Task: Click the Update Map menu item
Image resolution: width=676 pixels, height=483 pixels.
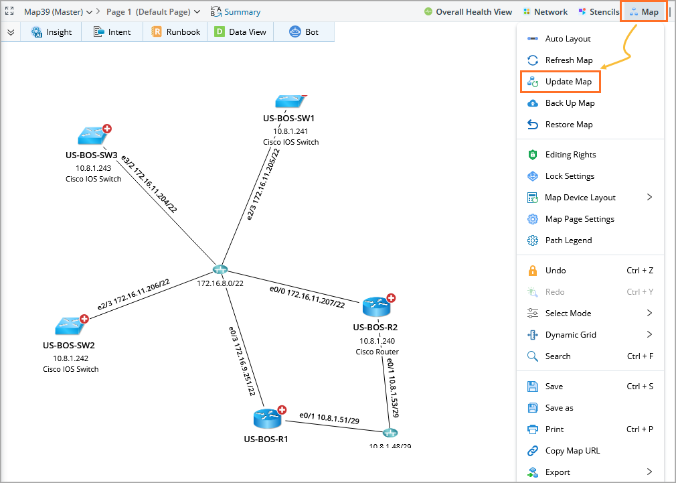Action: click(568, 82)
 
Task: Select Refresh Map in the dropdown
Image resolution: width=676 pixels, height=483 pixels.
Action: click(568, 60)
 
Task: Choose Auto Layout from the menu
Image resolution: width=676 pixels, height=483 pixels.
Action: click(568, 39)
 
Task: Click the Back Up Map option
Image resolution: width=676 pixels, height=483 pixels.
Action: click(570, 103)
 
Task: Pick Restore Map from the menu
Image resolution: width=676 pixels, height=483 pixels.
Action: click(569, 125)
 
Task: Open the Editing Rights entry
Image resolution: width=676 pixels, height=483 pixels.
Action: click(570, 155)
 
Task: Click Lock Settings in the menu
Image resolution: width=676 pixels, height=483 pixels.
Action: click(570, 176)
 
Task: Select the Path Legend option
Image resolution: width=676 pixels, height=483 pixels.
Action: click(568, 240)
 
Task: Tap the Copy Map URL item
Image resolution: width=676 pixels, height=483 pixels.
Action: click(572, 451)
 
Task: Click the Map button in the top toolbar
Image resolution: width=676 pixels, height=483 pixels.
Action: click(644, 12)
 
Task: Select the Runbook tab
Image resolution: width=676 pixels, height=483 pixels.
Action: click(175, 31)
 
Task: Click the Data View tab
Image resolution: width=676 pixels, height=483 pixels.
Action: click(240, 31)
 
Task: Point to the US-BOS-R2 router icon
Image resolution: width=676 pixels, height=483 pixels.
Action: click(377, 307)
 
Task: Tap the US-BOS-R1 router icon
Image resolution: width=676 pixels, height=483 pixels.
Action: click(268, 419)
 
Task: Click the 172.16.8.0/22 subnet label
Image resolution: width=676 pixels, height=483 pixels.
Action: click(220, 283)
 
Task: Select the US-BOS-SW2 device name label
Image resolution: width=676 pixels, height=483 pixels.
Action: click(68, 346)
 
